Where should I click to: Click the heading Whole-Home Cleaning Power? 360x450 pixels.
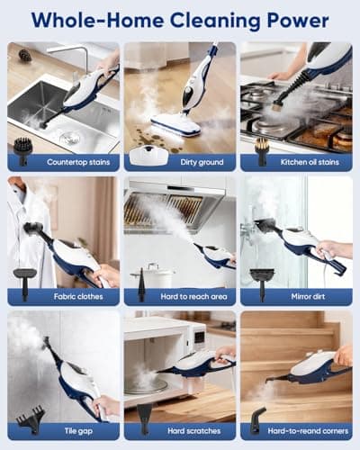coord(180,19)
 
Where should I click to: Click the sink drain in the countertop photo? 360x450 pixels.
coord(70,138)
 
